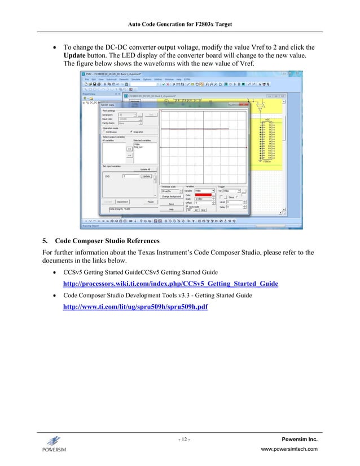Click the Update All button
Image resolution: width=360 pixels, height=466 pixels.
coord(144,169)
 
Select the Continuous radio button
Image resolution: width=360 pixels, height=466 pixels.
coord(104,131)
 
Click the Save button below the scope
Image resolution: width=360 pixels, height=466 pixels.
coord(171,204)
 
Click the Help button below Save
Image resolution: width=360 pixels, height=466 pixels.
coord(171,209)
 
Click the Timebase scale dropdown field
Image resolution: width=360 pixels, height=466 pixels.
coord(170,191)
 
